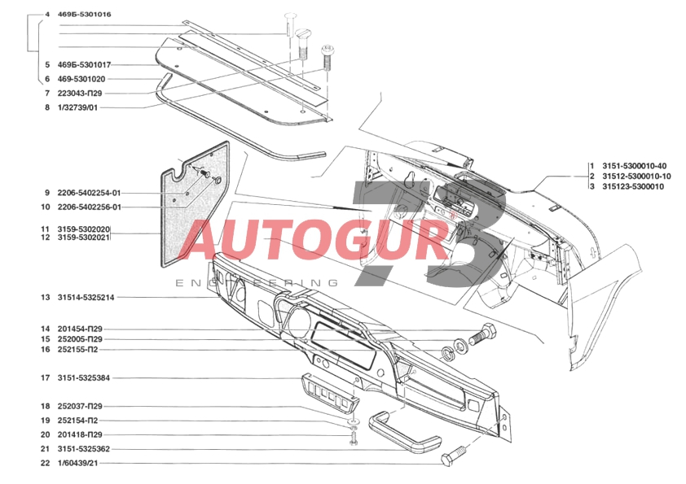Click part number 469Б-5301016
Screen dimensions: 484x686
[x=85, y=15]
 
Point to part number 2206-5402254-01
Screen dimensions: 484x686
[x=89, y=193]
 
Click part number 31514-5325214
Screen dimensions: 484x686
[x=86, y=298]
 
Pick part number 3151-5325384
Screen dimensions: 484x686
[x=84, y=377]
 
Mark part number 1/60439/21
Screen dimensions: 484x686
[x=77, y=463]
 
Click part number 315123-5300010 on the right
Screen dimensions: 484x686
[x=633, y=186]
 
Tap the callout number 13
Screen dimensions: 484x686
[x=46, y=298]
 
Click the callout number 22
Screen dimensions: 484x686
[x=46, y=463]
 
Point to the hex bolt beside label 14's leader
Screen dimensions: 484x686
[x=483, y=334]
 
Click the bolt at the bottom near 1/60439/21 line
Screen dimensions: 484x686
[x=454, y=458]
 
